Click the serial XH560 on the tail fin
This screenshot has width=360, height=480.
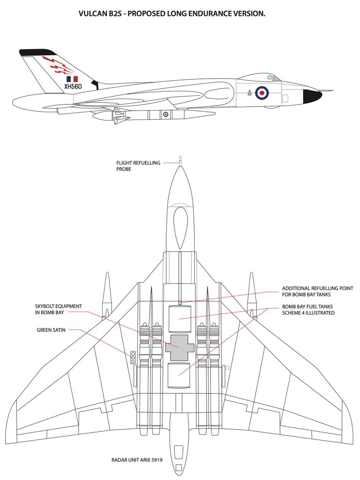[73, 86]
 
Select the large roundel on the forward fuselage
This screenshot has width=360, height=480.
[262, 92]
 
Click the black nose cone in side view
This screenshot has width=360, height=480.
[312, 96]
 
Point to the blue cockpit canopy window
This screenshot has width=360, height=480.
[270, 77]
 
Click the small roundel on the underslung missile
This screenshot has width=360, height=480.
[165, 114]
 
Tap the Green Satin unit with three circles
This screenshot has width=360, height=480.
[133, 357]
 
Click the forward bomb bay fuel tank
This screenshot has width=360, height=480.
[179, 319]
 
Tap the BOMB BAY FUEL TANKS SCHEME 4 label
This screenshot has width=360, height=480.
[308, 310]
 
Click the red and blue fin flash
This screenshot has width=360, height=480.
[72, 79]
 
